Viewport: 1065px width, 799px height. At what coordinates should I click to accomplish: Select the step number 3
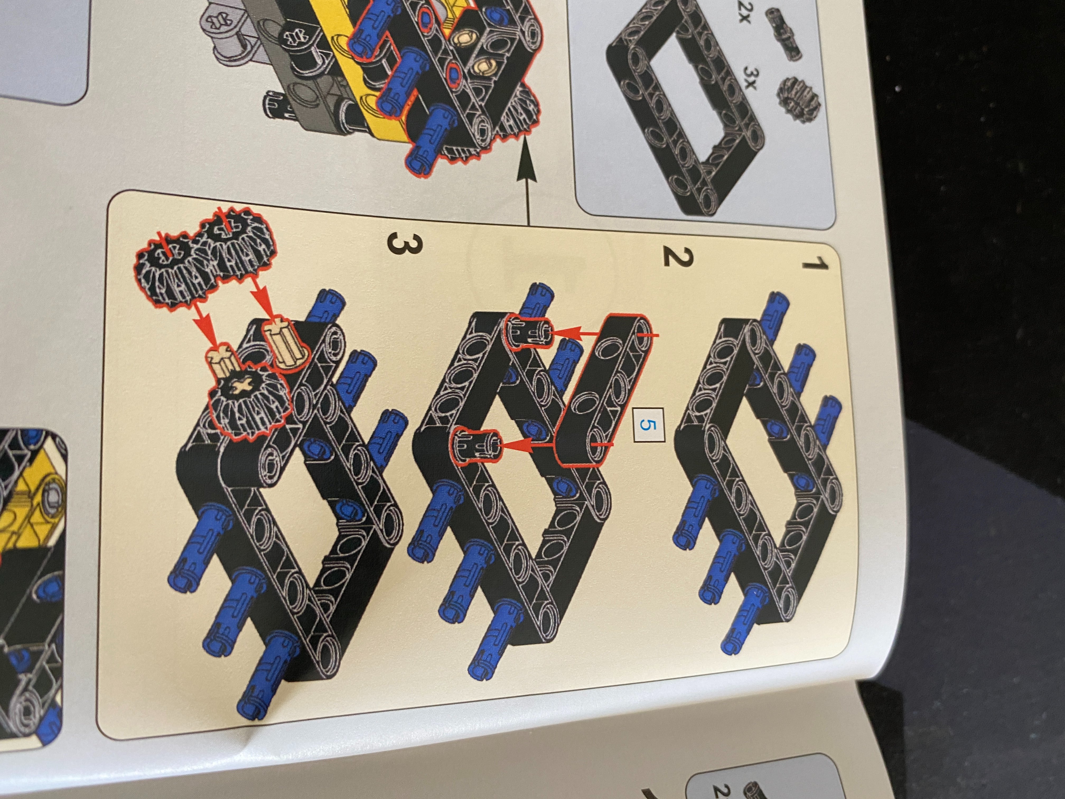(x=404, y=243)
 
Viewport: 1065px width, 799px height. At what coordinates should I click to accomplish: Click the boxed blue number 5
(x=648, y=424)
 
